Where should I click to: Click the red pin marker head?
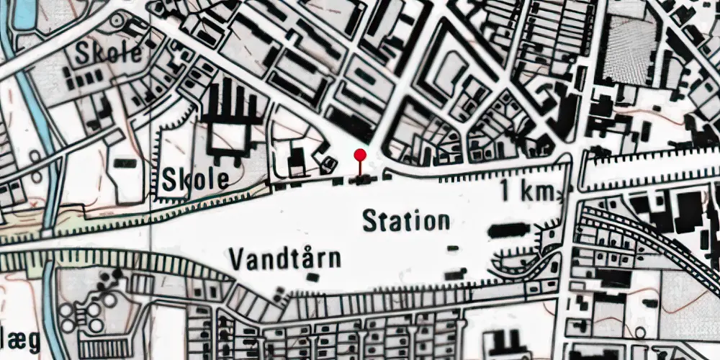360,153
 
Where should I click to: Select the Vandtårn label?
285,257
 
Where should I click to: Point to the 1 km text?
527,192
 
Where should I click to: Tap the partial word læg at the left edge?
18,340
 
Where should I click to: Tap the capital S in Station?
369,221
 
